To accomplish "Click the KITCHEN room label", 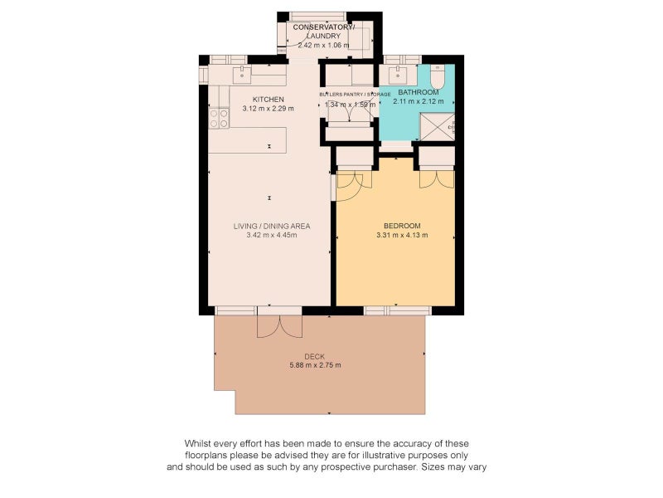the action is [268, 99].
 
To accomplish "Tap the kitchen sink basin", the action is [242, 75].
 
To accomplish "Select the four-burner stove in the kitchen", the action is [220, 118].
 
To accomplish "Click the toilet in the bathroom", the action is [437, 76].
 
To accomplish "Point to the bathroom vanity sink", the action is [398, 75].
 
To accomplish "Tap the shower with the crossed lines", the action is [437, 127].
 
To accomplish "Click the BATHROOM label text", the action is [419, 92].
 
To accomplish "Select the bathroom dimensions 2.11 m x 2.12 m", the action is [419, 101].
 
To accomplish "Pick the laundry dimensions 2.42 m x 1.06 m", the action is [323, 45].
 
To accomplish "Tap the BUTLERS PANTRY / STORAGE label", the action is [355, 95].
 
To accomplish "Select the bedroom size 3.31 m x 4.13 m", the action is [402, 235].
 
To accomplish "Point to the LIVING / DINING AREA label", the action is [272, 226].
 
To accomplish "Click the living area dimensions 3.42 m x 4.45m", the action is [272, 235].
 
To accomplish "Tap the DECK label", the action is [315, 357].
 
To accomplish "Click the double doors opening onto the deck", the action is [279, 326].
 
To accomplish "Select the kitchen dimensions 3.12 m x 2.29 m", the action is [268, 109].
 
